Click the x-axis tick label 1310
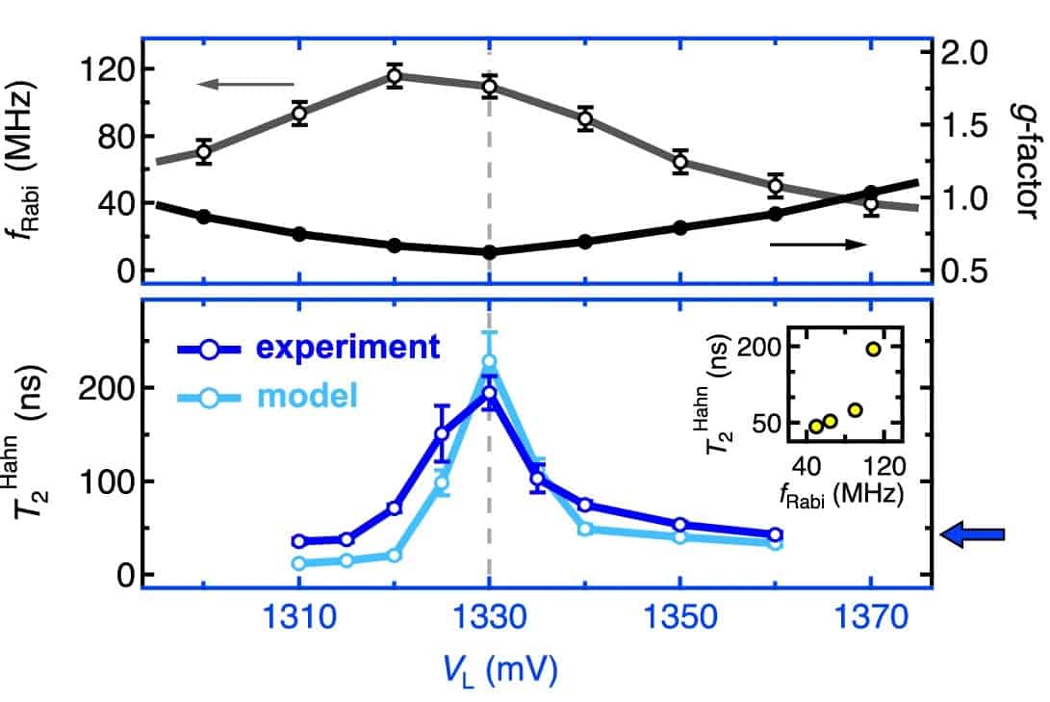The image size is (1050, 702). [298, 622]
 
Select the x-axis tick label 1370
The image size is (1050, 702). [870, 622]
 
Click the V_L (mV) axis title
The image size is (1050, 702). [489, 669]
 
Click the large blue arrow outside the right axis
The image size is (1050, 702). [972, 534]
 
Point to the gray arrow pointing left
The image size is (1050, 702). [244, 85]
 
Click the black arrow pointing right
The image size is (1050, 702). [819, 245]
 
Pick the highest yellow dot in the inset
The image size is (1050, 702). [873, 350]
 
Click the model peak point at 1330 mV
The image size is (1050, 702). [489, 361]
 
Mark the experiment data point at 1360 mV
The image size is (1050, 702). [775, 534]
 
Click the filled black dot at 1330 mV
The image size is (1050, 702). [489, 252]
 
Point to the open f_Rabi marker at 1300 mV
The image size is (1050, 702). [203, 151]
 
